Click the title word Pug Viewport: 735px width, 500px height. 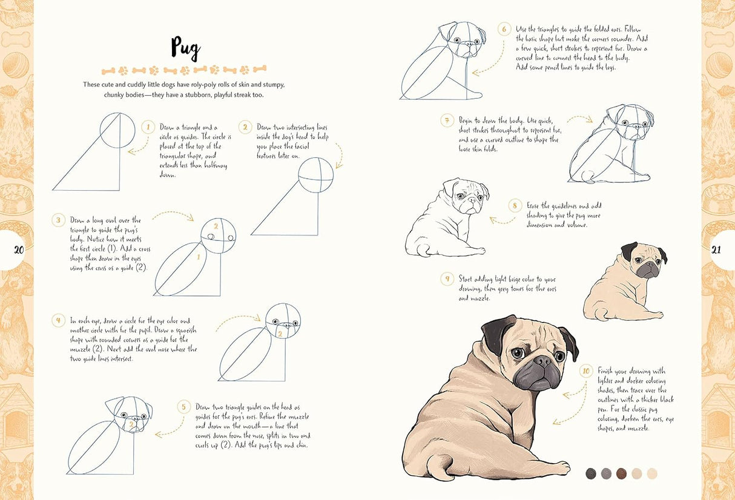pos(185,48)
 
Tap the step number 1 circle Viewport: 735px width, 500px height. pos(147,127)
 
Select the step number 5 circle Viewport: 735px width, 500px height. pos(184,407)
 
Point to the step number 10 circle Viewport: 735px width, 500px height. pos(585,371)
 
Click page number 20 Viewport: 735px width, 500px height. pos(18,249)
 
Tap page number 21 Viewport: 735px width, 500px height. pos(716,249)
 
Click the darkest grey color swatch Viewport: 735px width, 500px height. pos(591,473)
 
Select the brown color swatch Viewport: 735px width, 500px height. pos(621,473)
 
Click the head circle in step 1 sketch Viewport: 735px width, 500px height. pos(117,130)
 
